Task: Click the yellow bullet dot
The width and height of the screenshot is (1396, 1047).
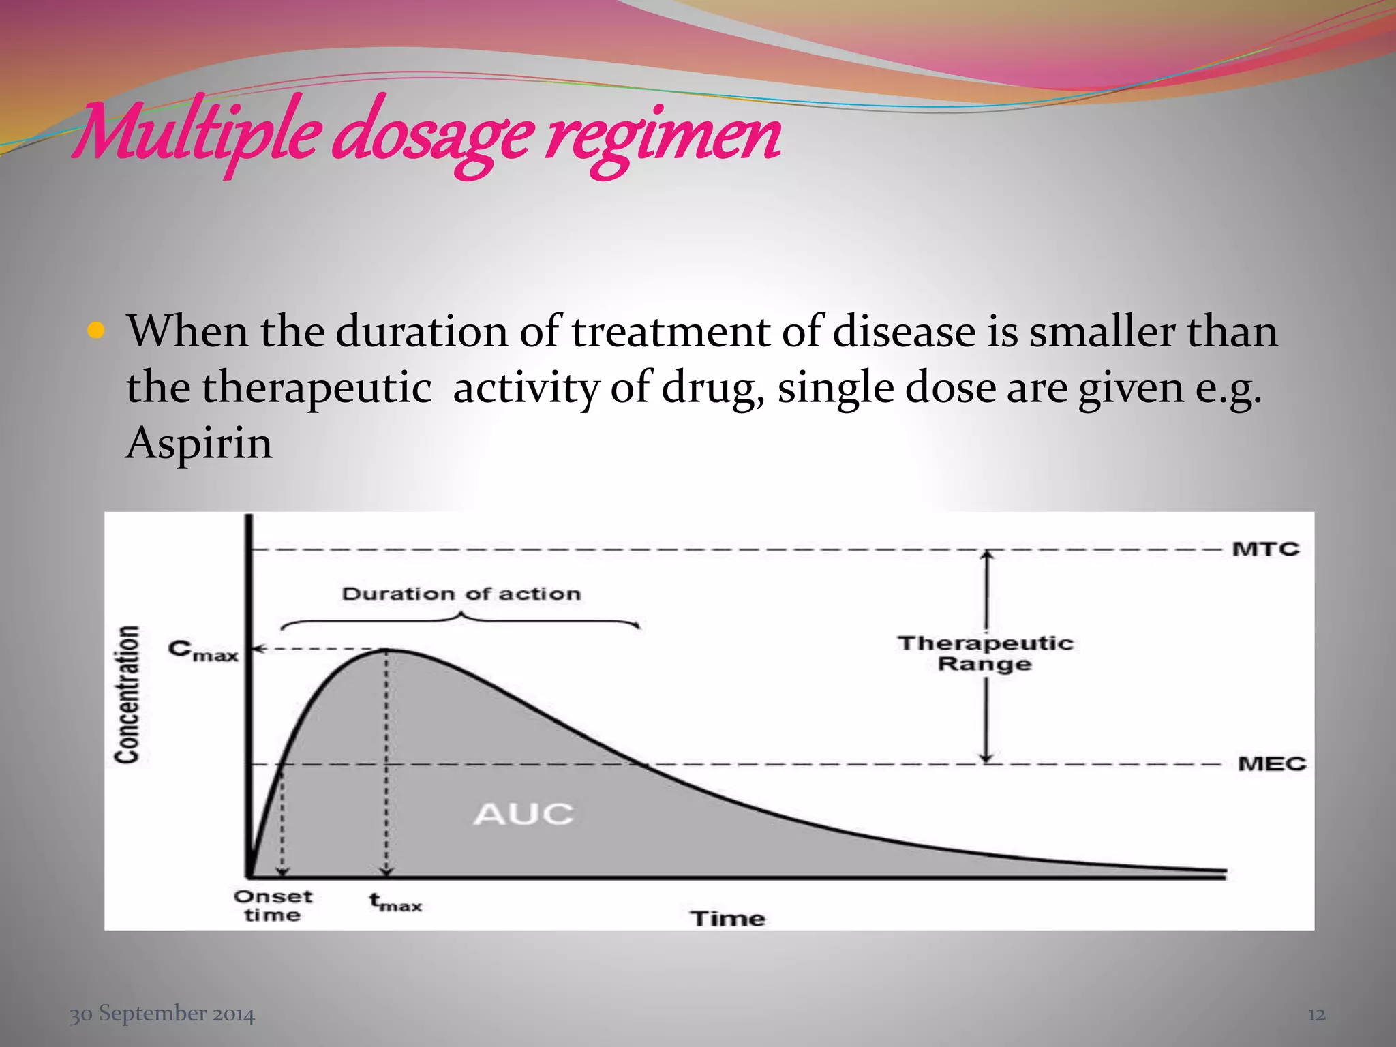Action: point(96,332)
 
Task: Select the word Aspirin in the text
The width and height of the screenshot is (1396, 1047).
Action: point(199,444)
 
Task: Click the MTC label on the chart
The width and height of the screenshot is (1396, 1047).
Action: point(1266,549)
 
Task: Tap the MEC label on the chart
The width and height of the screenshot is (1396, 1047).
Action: point(1271,763)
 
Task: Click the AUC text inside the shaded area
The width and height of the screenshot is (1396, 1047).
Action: point(523,814)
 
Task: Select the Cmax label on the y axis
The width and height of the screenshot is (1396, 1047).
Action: point(202,650)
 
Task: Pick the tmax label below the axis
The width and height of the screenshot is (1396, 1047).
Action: point(396,902)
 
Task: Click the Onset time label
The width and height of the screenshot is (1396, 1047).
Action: point(273,905)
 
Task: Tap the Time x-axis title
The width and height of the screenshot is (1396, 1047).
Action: point(728,918)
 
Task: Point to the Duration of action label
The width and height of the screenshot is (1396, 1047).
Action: point(461,594)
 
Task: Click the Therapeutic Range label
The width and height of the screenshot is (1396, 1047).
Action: point(985,653)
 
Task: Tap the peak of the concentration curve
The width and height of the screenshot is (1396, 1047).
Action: point(387,650)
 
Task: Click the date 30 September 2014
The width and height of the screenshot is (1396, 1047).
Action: point(162,1014)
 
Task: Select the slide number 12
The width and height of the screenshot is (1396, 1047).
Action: point(1316,1014)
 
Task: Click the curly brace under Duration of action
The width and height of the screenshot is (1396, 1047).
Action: point(461,620)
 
